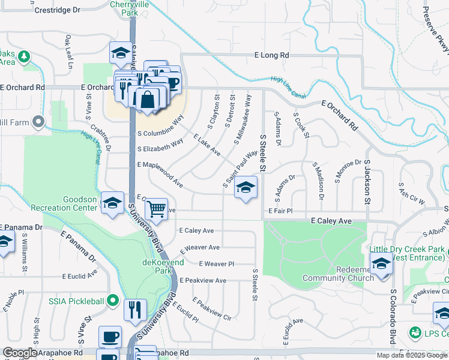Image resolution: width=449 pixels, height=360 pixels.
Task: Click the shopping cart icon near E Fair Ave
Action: point(156,210)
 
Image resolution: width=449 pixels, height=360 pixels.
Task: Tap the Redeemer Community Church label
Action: point(338,274)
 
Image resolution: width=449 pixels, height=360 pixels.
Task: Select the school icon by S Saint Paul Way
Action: point(246,188)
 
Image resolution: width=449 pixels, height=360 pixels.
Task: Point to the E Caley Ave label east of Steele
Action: point(331,221)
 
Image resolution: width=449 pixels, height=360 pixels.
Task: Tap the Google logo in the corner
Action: point(20,353)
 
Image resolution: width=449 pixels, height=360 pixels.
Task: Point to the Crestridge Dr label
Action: point(57,11)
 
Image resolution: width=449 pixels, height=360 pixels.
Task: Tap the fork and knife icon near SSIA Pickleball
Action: point(134,310)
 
